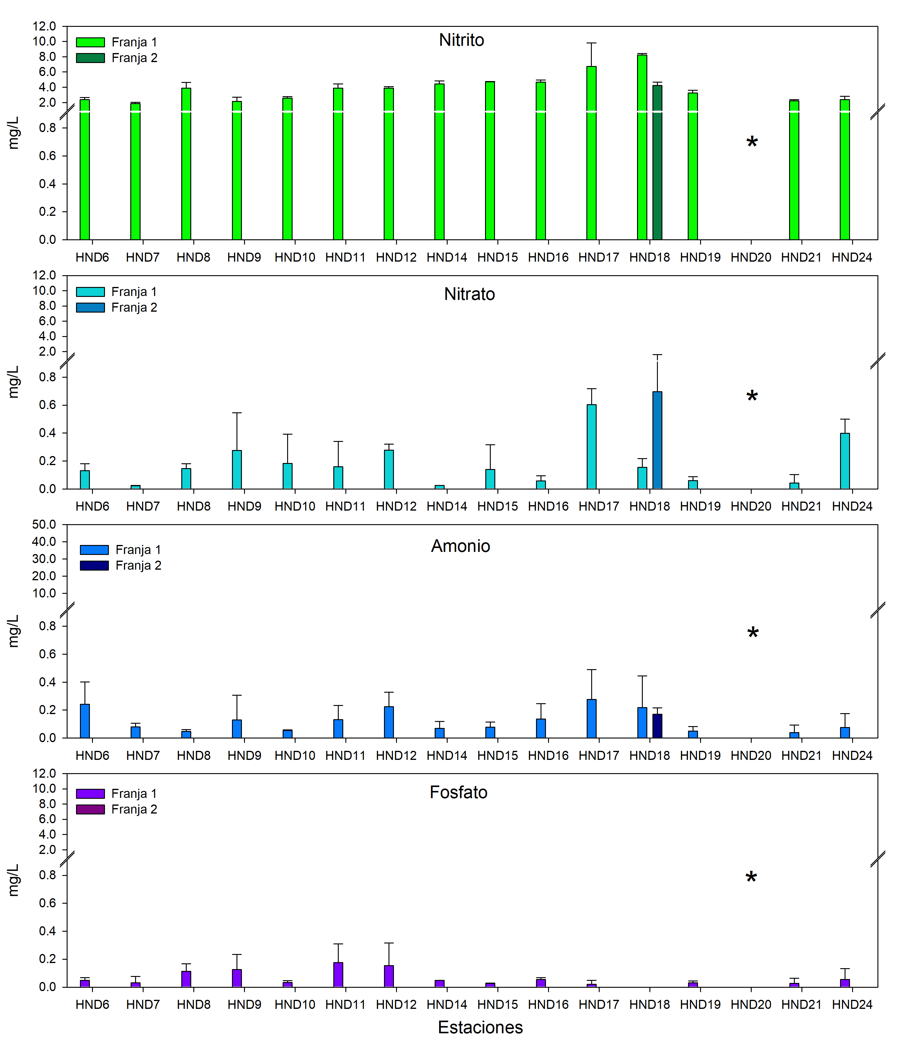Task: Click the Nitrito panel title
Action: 461,40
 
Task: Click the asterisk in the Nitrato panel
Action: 752,396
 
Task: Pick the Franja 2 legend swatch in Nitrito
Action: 90,58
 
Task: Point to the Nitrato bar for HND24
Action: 845,461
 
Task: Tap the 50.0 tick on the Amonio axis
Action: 44,524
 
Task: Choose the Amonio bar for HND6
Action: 85,721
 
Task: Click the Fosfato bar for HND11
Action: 338,974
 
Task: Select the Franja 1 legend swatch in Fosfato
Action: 90,793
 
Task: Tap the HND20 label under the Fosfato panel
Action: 751,1004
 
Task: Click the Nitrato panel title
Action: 469,294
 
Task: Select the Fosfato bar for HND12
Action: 389,976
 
